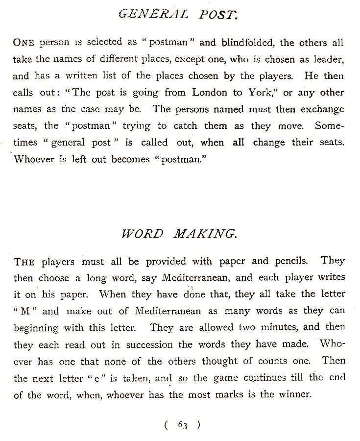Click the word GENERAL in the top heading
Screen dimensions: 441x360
pos(152,14)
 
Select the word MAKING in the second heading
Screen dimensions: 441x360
pos(205,233)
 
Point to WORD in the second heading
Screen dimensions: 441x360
pos(143,233)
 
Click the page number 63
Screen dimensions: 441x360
pos(183,425)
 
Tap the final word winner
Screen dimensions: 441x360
pos(294,394)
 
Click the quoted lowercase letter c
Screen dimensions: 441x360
pos(92,378)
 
